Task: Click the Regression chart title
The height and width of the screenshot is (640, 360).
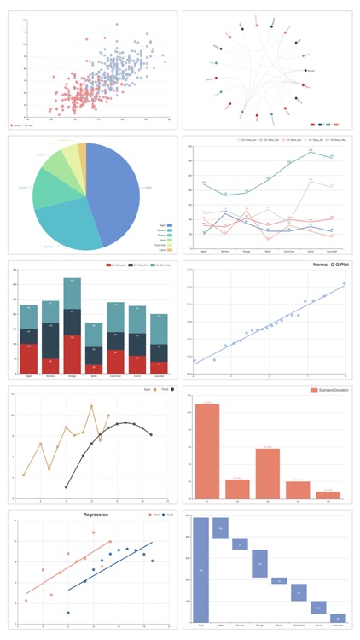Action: (x=96, y=515)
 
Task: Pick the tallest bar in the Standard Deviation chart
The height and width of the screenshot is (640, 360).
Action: (x=207, y=451)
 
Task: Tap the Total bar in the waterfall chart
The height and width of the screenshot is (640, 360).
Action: (x=200, y=569)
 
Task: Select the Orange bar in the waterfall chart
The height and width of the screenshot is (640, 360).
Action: (x=259, y=563)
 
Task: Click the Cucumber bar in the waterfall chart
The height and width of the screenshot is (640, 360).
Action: (x=338, y=618)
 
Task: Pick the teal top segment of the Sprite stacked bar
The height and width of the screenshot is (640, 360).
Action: (x=94, y=335)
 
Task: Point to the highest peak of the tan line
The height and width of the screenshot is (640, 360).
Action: (x=91, y=406)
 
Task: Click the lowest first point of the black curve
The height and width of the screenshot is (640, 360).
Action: (x=67, y=487)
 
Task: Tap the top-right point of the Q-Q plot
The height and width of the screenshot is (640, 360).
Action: (x=345, y=283)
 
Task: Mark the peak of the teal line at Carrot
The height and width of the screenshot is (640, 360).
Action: (x=310, y=151)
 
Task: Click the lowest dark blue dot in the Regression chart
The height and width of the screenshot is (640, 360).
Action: (x=68, y=613)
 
